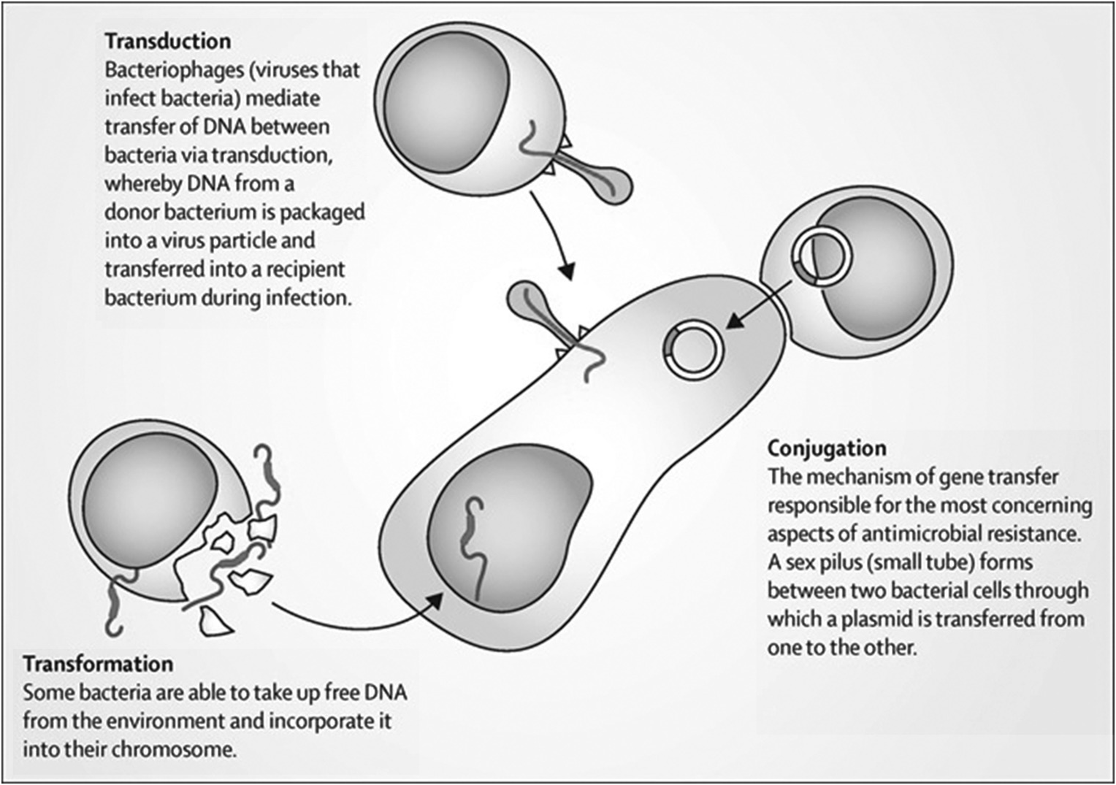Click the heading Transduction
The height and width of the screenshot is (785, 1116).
[x=167, y=41]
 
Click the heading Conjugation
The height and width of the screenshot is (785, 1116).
[x=826, y=448]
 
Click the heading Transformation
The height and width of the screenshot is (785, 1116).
[x=98, y=664]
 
